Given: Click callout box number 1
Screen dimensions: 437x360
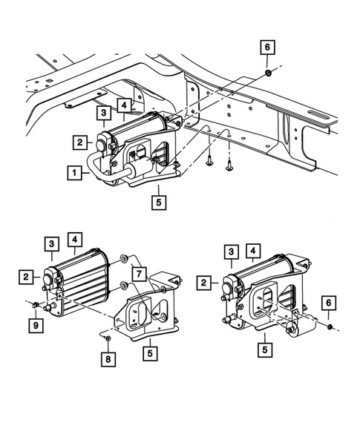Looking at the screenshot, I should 74,173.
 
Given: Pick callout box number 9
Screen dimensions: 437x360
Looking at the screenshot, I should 36,324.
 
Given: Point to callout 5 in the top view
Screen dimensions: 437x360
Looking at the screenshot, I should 157,200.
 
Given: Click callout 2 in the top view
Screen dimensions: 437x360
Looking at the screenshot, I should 79,142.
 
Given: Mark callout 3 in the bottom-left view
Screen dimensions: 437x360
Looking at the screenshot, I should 51,243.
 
